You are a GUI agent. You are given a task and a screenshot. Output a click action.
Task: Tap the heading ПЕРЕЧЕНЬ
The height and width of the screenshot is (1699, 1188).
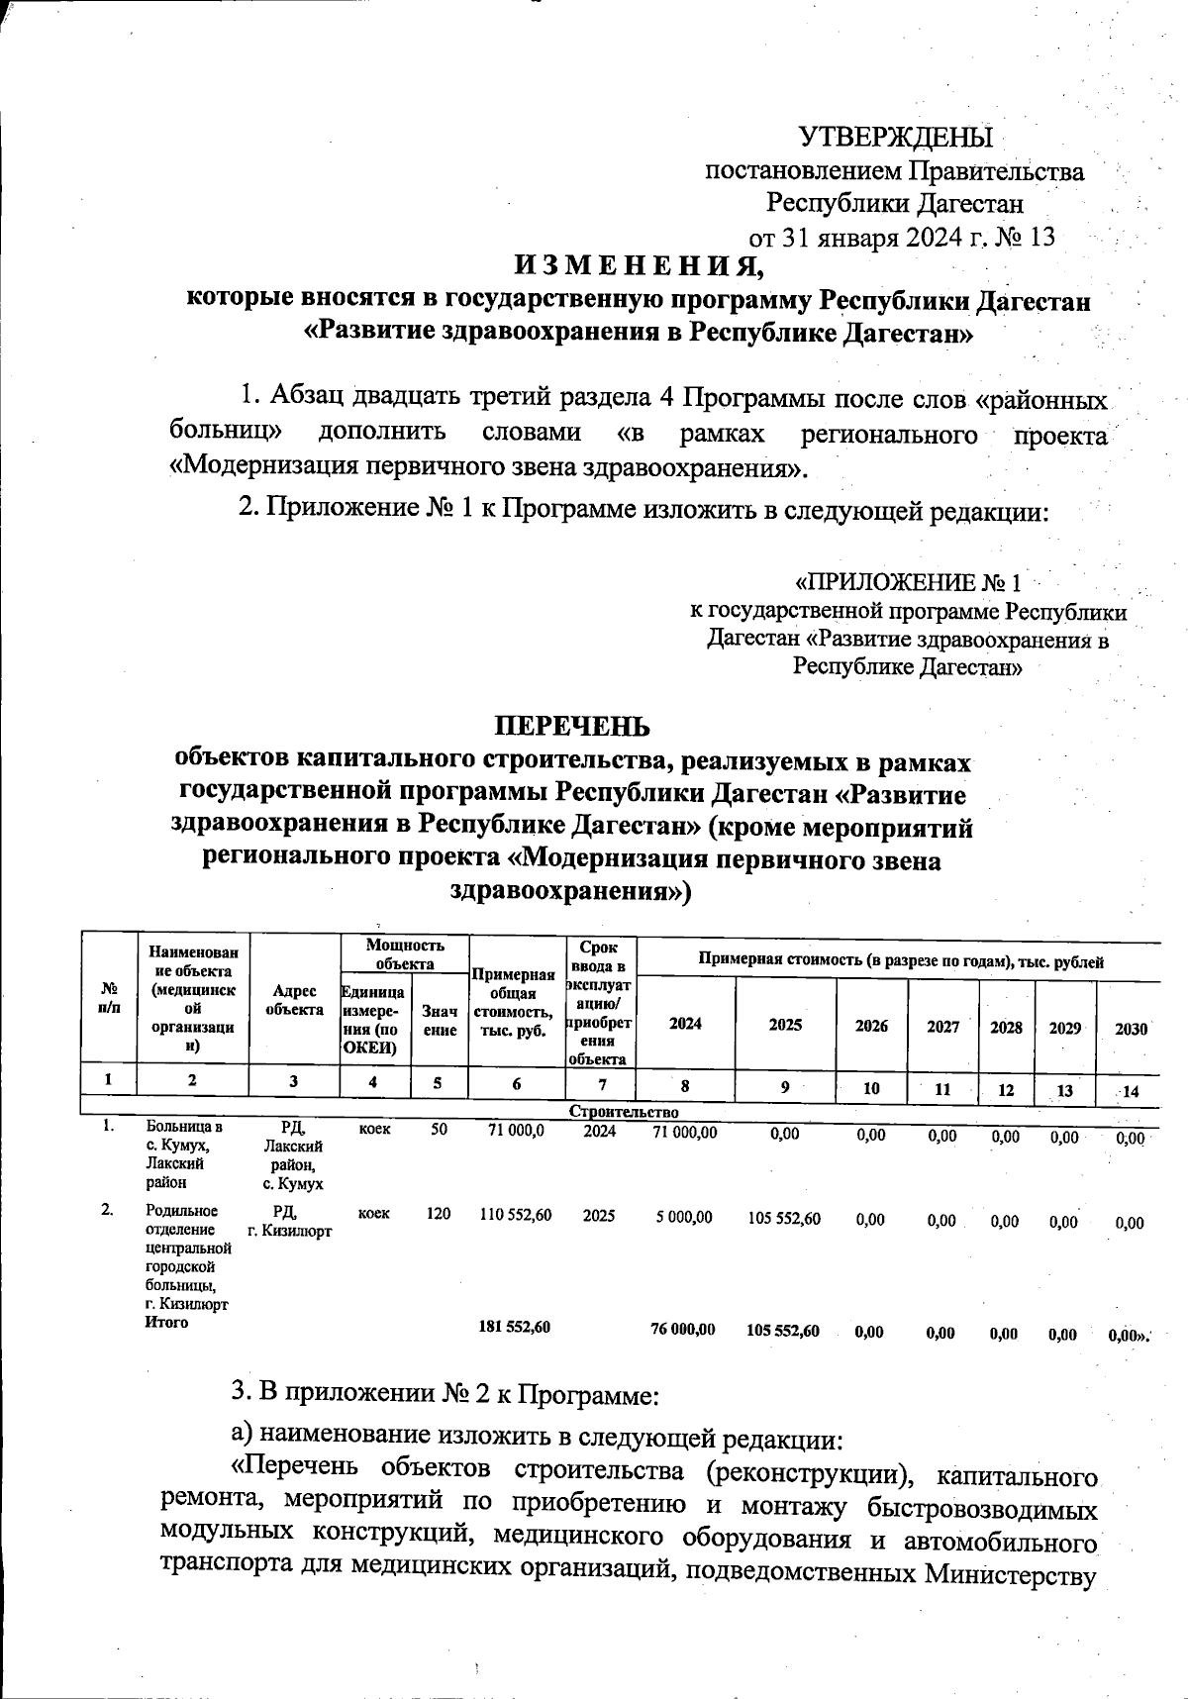click(573, 725)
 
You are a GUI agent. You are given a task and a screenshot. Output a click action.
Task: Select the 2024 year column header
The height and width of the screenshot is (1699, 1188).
click(685, 1025)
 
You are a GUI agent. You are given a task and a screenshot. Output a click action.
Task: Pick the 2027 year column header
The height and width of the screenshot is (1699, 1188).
click(942, 1027)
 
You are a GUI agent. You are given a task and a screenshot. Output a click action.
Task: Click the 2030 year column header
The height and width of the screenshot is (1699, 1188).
click(1131, 1029)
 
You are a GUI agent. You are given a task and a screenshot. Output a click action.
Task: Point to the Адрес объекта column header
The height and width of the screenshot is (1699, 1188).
click(294, 1000)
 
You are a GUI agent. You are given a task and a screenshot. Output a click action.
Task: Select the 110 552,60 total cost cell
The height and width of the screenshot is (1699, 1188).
click(515, 1215)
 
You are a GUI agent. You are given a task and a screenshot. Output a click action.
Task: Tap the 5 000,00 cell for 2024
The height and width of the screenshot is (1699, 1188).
click(683, 1218)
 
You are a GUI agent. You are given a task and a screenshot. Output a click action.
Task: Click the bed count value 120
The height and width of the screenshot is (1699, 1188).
click(439, 1214)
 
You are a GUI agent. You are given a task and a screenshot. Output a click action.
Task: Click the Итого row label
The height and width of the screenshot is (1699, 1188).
click(166, 1323)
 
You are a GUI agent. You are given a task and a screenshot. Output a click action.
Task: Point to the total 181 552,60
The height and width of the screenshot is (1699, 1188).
click(514, 1328)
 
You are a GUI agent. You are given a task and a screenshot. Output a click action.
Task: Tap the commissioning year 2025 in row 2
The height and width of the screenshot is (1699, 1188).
click(598, 1215)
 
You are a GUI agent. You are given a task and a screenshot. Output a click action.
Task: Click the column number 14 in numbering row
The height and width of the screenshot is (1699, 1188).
click(1130, 1090)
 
